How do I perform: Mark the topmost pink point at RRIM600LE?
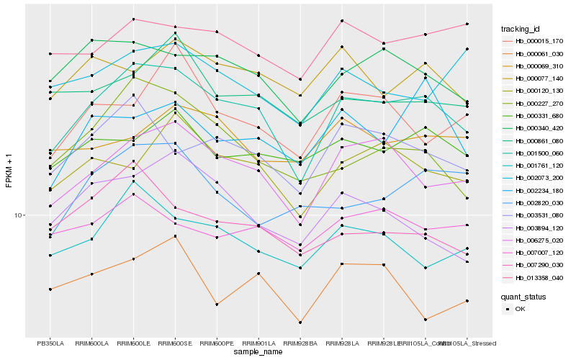[x=134, y=19]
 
